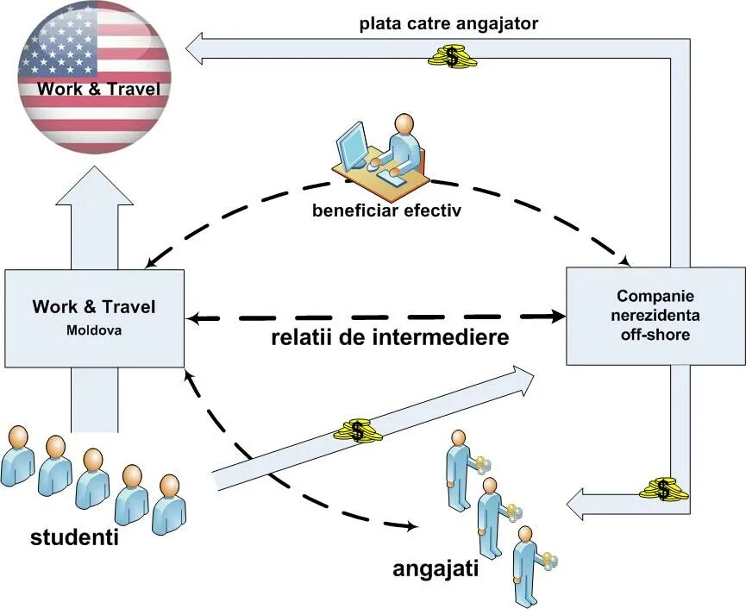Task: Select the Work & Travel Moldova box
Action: point(95,317)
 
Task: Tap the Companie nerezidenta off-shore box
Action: point(655,315)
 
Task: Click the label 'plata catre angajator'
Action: point(448,23)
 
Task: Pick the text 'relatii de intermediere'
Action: point(389,336)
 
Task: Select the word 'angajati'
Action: point(435,568)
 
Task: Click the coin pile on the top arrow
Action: point(452,57)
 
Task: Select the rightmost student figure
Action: point(169,504)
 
